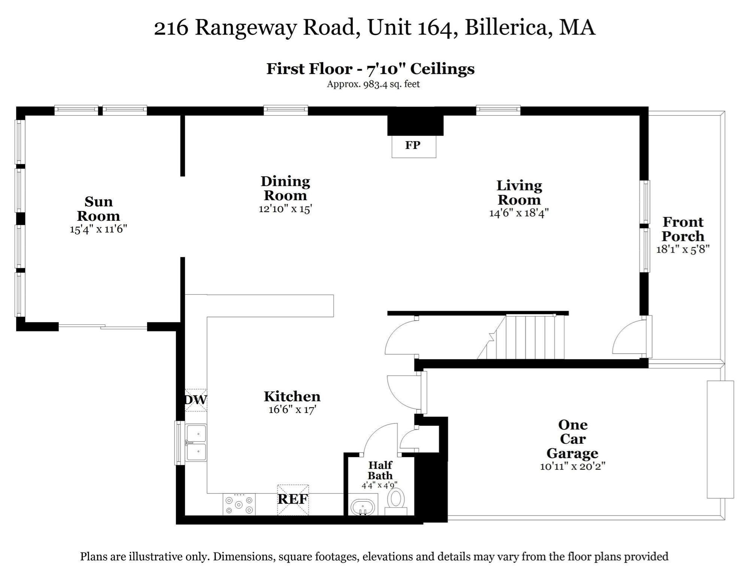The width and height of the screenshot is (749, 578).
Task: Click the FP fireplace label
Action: (x=413, y=145)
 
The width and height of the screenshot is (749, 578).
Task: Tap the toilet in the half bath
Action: (x=396, y=501)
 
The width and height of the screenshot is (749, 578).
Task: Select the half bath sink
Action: (x=363, y=508)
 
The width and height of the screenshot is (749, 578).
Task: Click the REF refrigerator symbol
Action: (x=293, y=499)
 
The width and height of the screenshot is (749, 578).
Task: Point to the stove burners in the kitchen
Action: (x=239, y=504)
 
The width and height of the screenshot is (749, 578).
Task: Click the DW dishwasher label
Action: (x=195, y=400)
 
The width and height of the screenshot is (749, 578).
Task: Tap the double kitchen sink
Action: (x=196, y=443)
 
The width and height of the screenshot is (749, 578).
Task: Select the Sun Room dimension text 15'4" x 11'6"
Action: (x=98, y=229)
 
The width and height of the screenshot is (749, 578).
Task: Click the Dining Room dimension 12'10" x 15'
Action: (x=285, y=209)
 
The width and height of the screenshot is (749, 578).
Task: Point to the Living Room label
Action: (x=519, y=192)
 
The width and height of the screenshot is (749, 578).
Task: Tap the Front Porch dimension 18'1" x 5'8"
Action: (x=683, y=249)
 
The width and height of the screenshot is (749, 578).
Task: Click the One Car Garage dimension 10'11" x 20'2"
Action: (x=573, y=466)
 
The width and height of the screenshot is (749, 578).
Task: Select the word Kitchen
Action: (x=292, y=397)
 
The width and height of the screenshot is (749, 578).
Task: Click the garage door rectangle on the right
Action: (x=720, y=439)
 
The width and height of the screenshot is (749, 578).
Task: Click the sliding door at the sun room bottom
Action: (x=103, y=327)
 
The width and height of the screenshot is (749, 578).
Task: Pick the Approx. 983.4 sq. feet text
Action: (x=373, y=84)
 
